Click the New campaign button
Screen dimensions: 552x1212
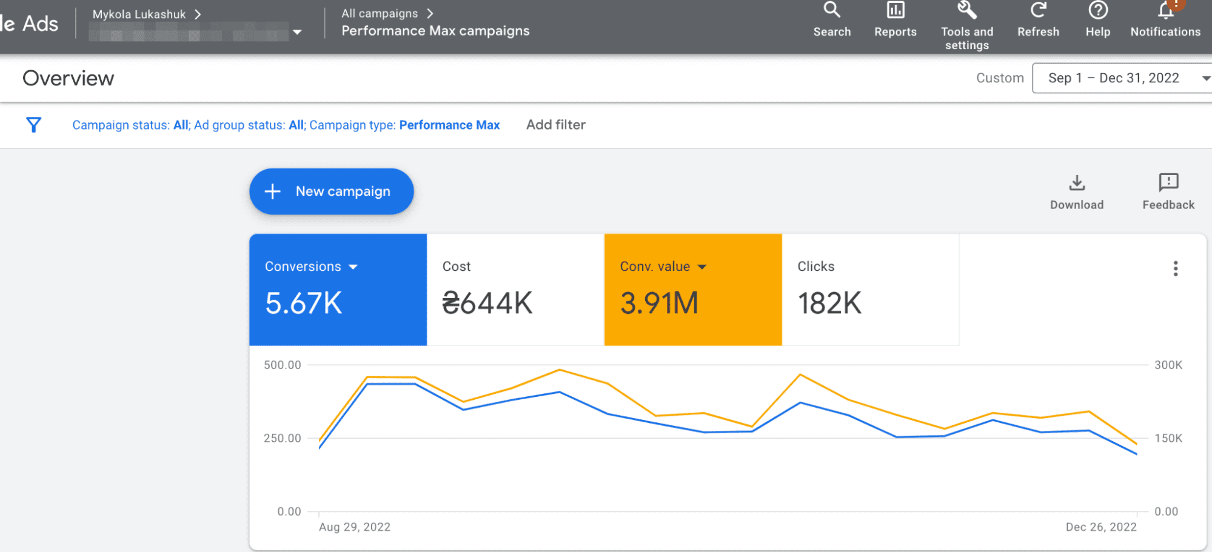(331, 191)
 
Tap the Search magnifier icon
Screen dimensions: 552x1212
(832, 10)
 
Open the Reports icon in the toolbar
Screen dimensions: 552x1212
(895, 10)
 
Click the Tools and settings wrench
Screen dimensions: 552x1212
(966, 10)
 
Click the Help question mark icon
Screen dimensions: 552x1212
(1097, 10)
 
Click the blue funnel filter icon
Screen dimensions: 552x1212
(34, 125)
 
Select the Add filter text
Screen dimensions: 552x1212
(555, 125)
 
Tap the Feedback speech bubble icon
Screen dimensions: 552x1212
(1168, 182)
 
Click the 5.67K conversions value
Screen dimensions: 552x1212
(304, 303)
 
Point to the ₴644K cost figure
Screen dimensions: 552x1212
(487, 303)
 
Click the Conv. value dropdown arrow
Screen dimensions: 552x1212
(702, 267)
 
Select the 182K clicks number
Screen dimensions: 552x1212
(829, 303)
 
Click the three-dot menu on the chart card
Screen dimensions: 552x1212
(1175, 268)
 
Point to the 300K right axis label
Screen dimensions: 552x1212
(1168, 365)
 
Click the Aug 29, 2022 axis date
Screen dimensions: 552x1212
(355, 527)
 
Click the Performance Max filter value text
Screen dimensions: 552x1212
(449, 125)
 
